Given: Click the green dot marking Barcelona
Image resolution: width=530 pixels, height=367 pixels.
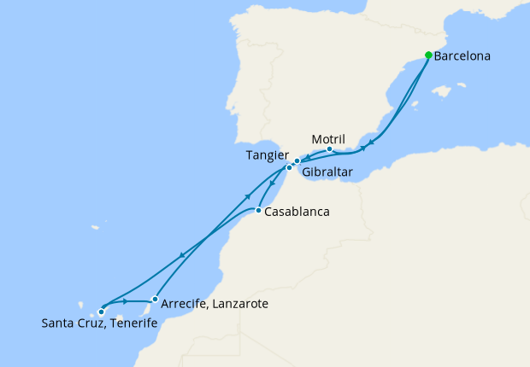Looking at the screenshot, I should click(428, 55).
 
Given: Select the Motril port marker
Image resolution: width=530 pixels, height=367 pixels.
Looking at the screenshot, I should click(329, 149).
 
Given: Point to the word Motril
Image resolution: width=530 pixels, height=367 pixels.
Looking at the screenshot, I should click(328, 137).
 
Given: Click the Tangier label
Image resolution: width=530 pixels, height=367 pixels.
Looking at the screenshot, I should click(266, 155).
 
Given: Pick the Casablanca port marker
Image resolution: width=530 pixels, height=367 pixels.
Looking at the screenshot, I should click(258, 210).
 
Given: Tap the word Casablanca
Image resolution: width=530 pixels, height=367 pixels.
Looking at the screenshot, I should click(297, 212).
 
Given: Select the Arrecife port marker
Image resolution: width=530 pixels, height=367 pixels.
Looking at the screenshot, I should click(155, 299).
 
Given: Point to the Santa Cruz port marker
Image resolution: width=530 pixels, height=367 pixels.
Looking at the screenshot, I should click(102, 312).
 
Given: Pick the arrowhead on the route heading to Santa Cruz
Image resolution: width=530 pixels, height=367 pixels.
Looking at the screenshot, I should click(181, 255).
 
